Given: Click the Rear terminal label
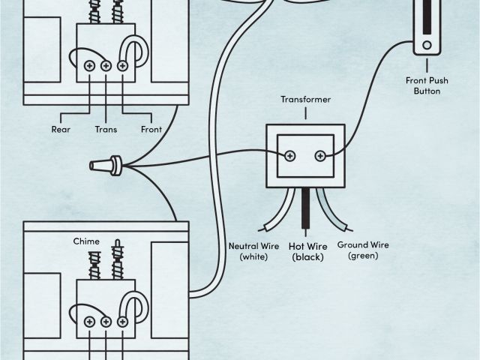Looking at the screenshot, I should click(61, 128).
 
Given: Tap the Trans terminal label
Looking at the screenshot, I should click(106, 128).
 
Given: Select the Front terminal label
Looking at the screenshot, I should click(151, 128).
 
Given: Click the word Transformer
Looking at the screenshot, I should click(305, 99).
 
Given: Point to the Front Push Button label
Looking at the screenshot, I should click(426, 85).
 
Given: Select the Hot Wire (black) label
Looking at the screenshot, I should click(308, 250).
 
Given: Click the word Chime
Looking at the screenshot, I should click(86, 241).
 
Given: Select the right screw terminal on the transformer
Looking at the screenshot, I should click(320, 156).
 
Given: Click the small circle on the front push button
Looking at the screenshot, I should click(427, 44).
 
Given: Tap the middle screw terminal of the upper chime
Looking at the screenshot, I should click(106, 66).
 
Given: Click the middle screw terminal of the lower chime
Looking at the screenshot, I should click(106, 321).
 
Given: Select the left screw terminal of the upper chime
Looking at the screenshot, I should click(90, 66).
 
